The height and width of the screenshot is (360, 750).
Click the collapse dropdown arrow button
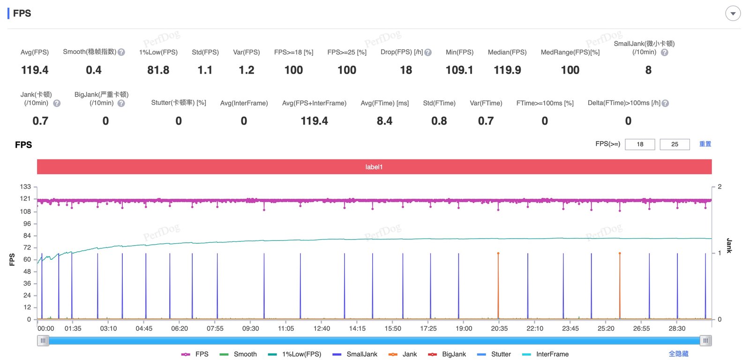coord(733,13)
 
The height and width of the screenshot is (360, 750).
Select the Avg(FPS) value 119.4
coord(35,70)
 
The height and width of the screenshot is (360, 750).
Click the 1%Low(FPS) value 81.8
coord(158,70)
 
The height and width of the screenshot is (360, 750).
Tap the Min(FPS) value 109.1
coord(459,70)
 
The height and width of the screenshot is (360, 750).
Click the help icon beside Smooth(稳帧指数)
coord(121,52)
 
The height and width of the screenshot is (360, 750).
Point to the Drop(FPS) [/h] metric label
coord(402,52)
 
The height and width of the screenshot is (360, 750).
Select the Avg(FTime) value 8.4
coord(384,121)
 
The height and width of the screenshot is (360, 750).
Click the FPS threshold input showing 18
coord(640,144)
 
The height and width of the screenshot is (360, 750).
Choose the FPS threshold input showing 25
coord(675,144)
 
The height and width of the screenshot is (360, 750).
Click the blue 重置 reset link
coord(705,144)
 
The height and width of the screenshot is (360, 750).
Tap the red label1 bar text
coord(374,167)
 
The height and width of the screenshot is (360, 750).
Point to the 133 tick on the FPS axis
coord(25,187)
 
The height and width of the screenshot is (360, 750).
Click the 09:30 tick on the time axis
coord(250,328)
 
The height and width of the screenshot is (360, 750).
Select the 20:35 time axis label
coord(499,328)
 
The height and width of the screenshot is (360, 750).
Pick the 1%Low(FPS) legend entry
coord(295,354)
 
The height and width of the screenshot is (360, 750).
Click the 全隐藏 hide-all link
coord(678,354)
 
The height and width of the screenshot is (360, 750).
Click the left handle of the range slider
coord(43,341)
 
